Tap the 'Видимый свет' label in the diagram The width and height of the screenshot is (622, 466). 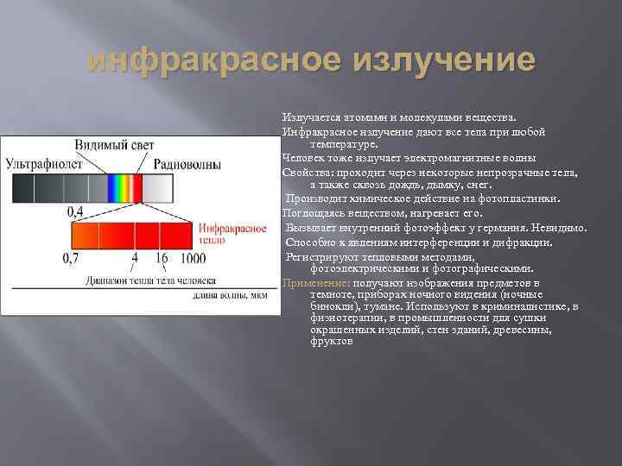coord(114,143)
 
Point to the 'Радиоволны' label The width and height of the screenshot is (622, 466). coord(187,163)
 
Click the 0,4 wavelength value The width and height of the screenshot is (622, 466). coord(75,211)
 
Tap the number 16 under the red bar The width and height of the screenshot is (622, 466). coord(162,257)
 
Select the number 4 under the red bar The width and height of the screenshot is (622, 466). coord(134,257)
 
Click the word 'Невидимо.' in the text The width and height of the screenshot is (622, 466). coord(559,227)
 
